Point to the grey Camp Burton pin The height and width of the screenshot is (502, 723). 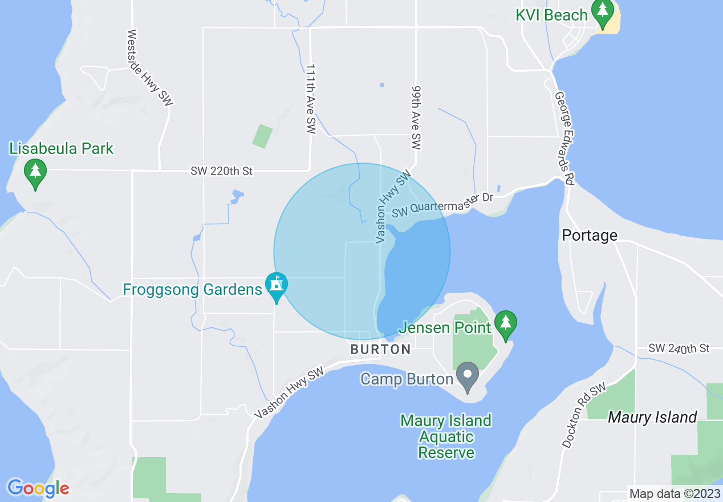468,376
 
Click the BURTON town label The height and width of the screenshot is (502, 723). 380,349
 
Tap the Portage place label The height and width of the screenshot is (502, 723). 590,235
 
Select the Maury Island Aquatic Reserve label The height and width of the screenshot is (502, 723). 446,437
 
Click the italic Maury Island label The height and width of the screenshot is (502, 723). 652,417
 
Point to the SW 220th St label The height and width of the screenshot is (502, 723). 222,171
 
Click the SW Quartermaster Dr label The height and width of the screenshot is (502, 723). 442,205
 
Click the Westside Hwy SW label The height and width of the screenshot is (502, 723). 151,67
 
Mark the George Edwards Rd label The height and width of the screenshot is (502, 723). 564,139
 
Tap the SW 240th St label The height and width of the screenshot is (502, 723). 679,348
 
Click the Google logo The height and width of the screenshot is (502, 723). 38,488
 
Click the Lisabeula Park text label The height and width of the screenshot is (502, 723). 62,149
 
